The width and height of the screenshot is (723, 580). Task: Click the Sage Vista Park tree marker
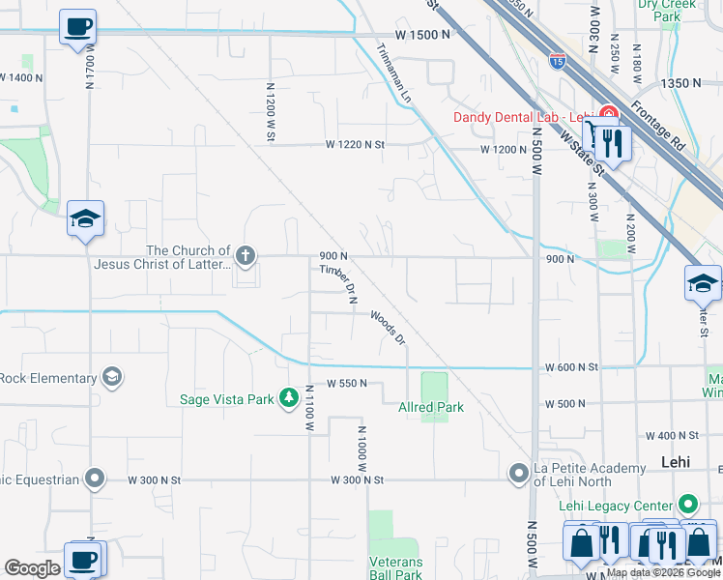coord(288,398)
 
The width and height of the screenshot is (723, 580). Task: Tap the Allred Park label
coord(431,408)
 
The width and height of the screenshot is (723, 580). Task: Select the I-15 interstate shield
coord(558,62)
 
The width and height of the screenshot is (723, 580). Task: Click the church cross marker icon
coord(246,256)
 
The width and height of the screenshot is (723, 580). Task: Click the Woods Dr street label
coord(386,326)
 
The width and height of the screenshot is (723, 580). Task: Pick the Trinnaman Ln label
coord(394,73)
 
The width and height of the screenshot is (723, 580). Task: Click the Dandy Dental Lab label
coord(522,118)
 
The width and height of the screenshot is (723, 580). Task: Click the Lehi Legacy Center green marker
coord(687,504)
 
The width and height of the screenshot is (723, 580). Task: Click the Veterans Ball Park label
coord(395,568)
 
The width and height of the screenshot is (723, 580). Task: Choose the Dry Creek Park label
coord(667,10)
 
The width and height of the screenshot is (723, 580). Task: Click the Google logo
coord(32,568)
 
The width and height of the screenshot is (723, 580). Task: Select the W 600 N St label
coord(572,367)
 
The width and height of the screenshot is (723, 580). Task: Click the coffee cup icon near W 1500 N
coord(77,26)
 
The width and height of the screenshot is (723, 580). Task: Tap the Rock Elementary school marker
coord(112,376)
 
